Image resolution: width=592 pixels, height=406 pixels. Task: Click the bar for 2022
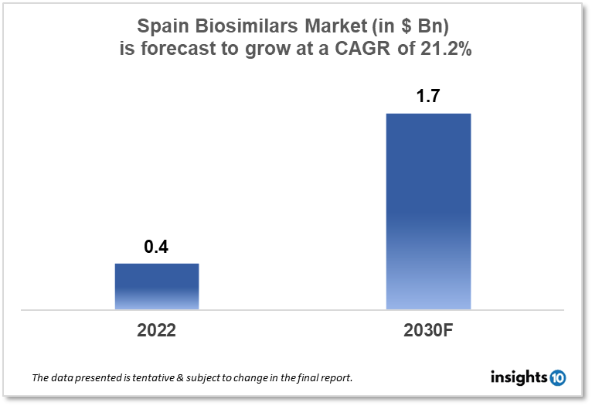click(x=157, y=286)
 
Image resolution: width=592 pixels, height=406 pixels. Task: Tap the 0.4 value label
click(x=157, y=247)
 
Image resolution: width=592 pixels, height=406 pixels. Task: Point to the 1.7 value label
click(x=428, y=97)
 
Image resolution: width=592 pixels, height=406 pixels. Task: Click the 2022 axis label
click(x=157, y=330)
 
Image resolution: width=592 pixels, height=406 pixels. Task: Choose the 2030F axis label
click(x=428, y=330)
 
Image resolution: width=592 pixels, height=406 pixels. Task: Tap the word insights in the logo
click(x=519, y=377)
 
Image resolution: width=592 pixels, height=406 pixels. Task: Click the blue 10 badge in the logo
click(x=557, y=377)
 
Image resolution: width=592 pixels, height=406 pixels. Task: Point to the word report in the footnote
click(x=337, y=379)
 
